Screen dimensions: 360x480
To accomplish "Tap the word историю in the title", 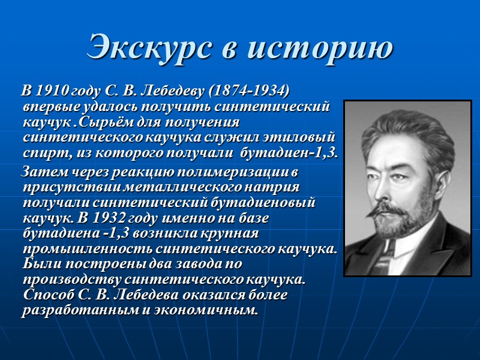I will click(322, 47).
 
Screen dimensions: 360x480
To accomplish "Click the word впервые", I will click(49, 107).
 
